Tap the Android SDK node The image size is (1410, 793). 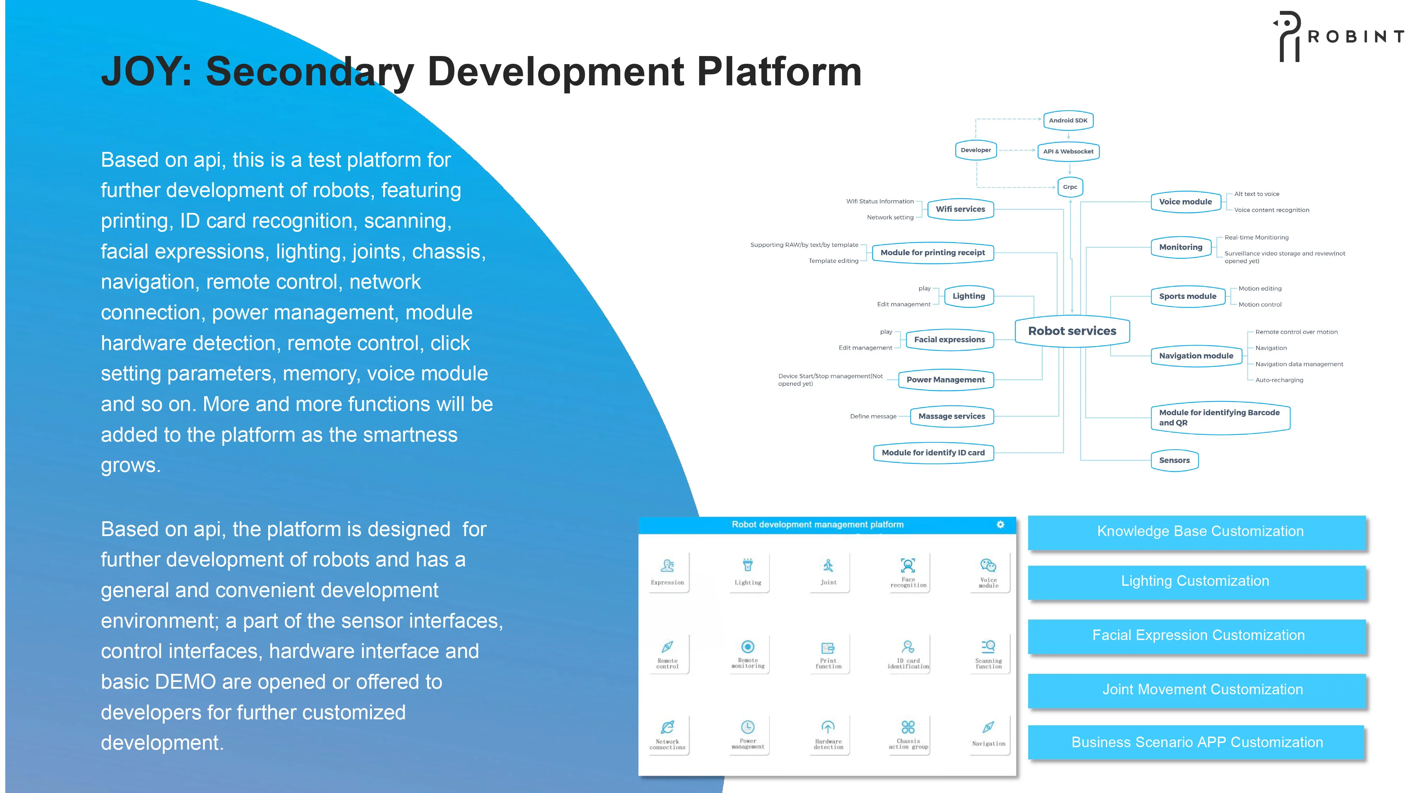[1068, 121]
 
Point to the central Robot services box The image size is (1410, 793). [1072, 331]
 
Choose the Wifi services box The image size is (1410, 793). [960, 209]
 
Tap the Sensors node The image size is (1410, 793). [1174, 460]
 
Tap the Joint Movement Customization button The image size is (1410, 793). [1202, 690]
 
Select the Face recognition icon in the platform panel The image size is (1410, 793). [908, 565]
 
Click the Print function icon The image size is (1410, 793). [828, 648]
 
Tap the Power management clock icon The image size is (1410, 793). [748, 727]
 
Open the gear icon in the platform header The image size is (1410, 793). [1000, 524]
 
